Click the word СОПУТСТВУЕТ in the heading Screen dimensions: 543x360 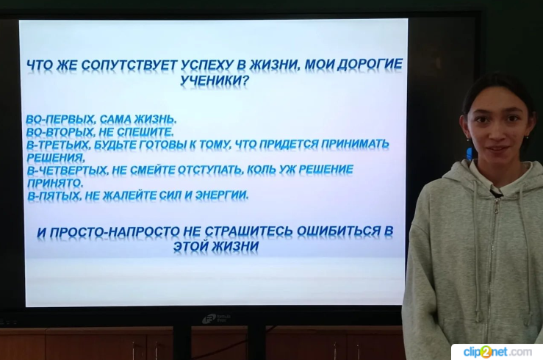point(130,65)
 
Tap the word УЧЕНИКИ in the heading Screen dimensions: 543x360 point(215,81)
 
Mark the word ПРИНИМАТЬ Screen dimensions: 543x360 point(356,144)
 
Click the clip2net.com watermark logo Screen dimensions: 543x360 point(497,352)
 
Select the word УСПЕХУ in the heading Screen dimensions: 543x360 point(214,65)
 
